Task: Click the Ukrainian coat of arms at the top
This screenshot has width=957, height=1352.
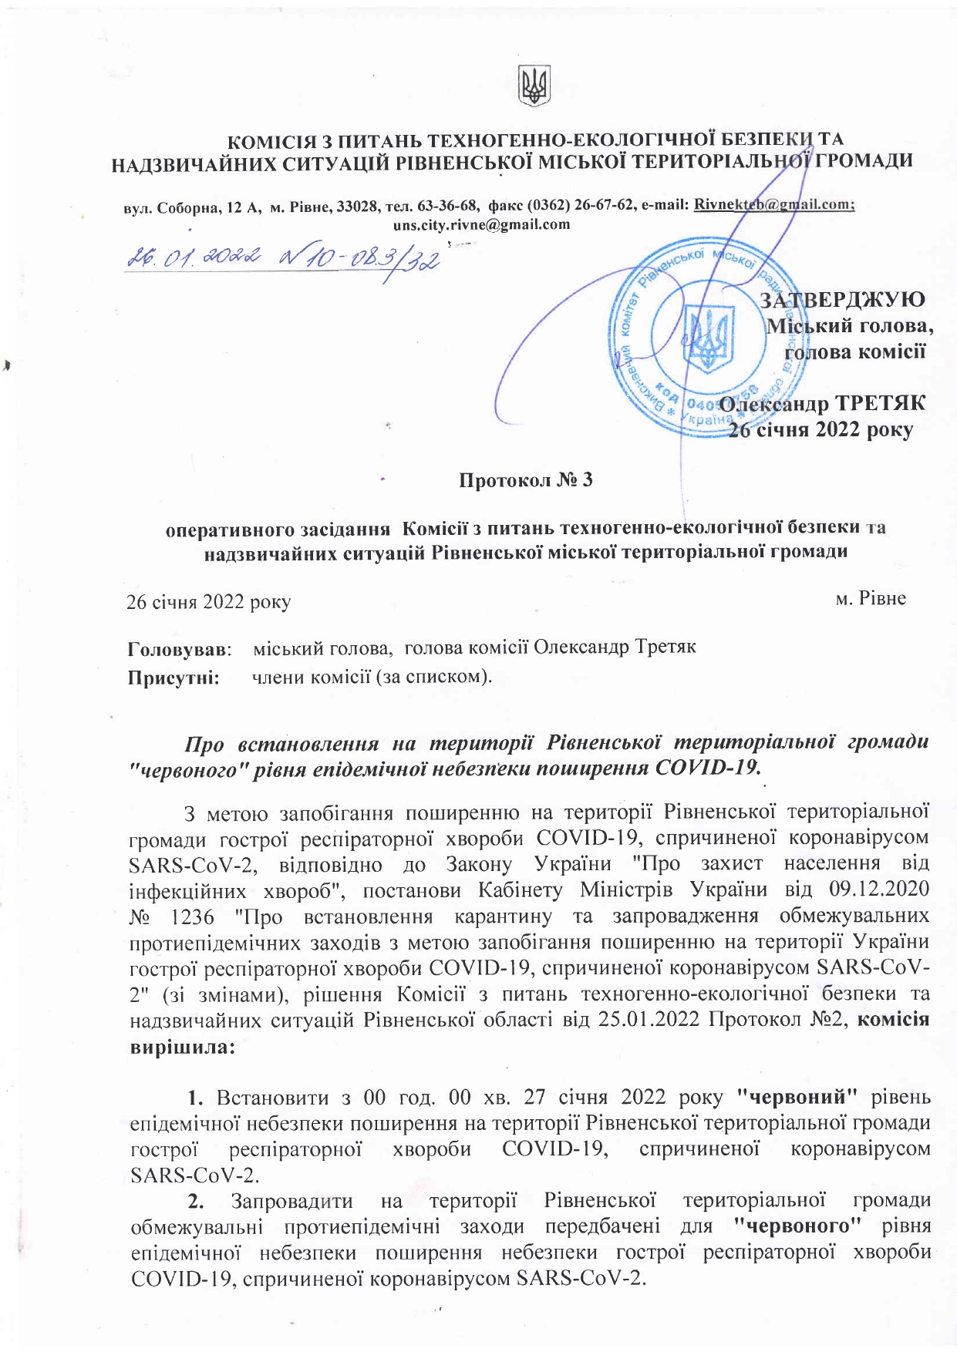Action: tap(534, 85)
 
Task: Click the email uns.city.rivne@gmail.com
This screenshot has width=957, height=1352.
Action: tap(481, 225)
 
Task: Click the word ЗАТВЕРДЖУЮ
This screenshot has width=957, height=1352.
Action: tap(843, 300)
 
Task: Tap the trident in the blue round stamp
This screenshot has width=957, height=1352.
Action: tap(707, 339)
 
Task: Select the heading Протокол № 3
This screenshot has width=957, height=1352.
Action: tap(526, 480)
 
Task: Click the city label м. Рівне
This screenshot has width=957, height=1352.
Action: tap(871, 598)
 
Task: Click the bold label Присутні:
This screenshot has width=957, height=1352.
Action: tap(174, 678)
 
